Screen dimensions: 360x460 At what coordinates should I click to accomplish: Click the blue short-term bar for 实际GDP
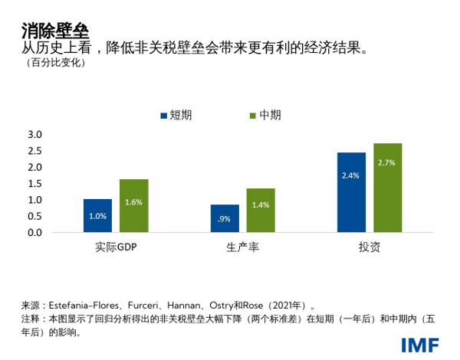97,215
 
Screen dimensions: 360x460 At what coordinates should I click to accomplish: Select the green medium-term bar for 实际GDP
133,205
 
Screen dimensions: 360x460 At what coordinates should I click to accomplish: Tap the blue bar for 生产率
224,218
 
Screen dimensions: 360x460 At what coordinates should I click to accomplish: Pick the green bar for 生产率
261,210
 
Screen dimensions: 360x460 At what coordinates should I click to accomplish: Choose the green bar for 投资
387,187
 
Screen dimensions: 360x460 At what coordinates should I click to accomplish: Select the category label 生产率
242,247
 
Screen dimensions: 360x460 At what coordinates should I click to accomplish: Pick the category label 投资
369,247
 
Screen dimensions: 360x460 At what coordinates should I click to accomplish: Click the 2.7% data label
387,162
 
